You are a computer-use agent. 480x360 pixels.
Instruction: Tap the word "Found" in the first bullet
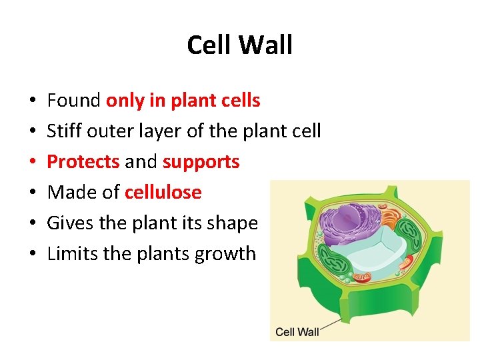coord(74,101)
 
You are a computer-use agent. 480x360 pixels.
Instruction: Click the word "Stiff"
coord(63,131)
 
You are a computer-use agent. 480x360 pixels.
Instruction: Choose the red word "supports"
coord(201,162)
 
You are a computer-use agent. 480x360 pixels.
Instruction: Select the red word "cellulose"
coord(163,193)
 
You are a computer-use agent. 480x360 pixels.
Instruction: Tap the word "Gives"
coord(71,223)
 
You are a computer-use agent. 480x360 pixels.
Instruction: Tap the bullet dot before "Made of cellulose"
coord(33,193)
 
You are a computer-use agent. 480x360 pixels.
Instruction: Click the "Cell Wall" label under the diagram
coord(297,331)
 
